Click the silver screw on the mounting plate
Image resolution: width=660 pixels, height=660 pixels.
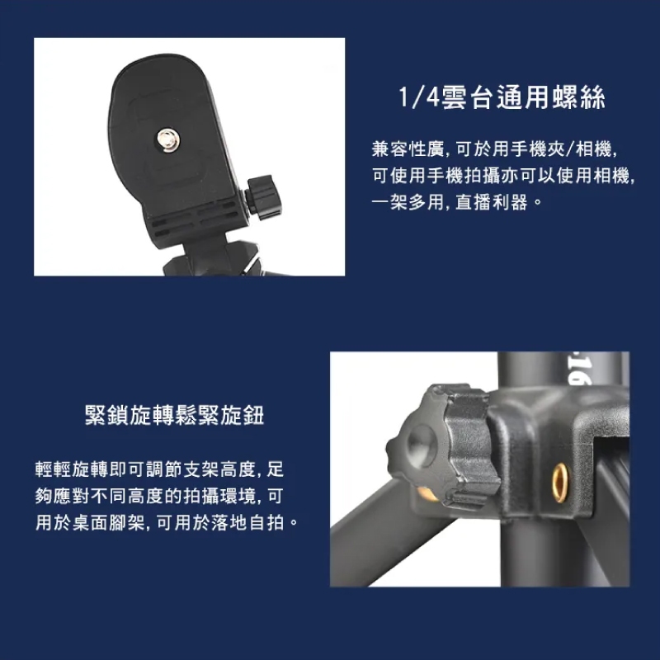[x=168, y=139]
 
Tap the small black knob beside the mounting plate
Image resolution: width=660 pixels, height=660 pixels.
[x=264, y=197]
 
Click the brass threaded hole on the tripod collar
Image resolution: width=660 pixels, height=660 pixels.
[x=560, y=483]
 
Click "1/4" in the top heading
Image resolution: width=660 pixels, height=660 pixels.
[x=419, y=97]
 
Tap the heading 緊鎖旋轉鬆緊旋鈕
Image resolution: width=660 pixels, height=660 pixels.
[x=174, y=416]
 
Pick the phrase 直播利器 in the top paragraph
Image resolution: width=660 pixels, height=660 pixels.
[x=491, y=202]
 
